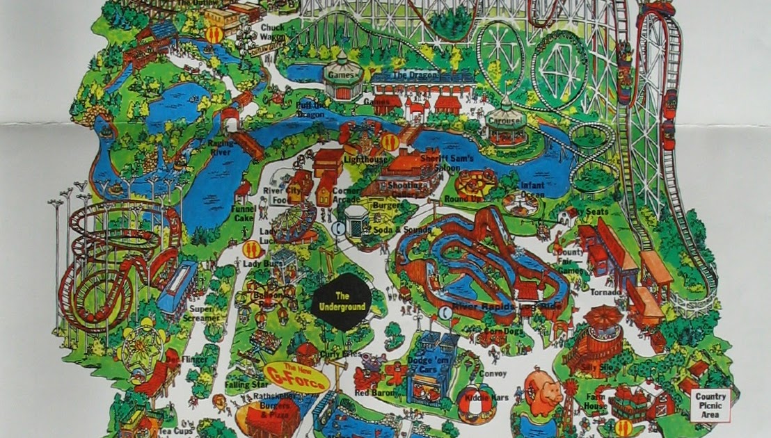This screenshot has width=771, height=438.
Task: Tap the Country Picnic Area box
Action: tap(710, 405)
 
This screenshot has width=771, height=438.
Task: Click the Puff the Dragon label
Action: tap(310, 109)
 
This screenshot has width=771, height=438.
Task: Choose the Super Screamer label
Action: tap(201, 313)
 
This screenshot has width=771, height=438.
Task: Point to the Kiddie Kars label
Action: tap(491, 398)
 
